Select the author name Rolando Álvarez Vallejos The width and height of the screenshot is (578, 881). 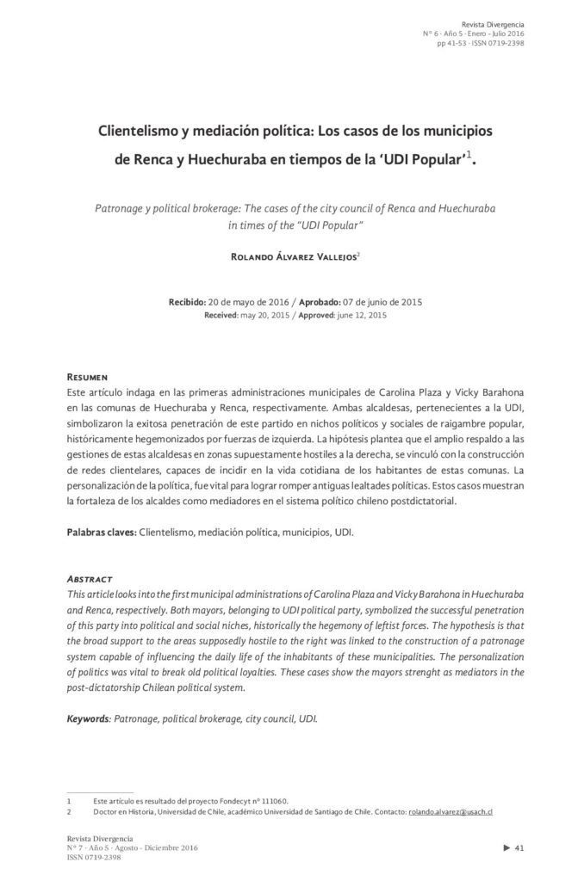tap(287, 256)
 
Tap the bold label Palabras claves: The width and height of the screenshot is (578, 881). tap(101, 533)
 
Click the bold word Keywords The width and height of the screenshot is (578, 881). tap(90, 717)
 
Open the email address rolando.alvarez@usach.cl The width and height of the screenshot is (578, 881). tap(450, 811)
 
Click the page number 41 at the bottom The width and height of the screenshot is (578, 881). tap(519, 849)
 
